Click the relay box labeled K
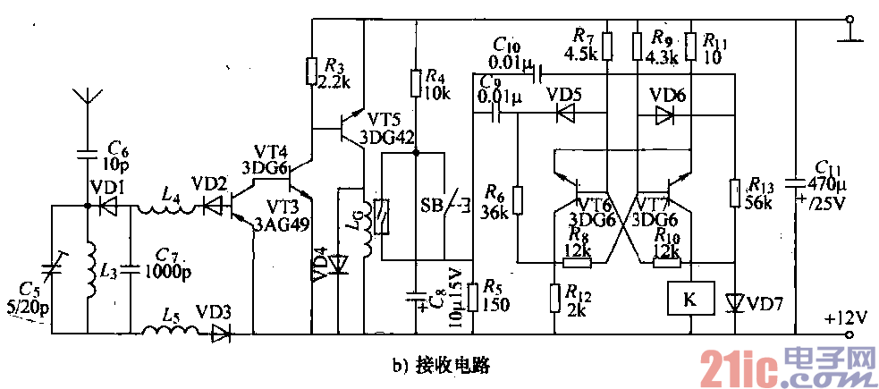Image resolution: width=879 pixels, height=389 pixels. tap(687, 300)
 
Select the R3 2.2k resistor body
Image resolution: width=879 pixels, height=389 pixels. tap(309, 70)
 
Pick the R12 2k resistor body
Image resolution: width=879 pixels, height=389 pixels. tap(551, 298)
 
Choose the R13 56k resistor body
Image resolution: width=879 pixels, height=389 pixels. tap(733, 193)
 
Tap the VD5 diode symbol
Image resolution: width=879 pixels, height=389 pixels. tap(565, 114)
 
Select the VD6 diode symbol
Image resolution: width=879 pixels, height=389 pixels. tap(663, 114)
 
